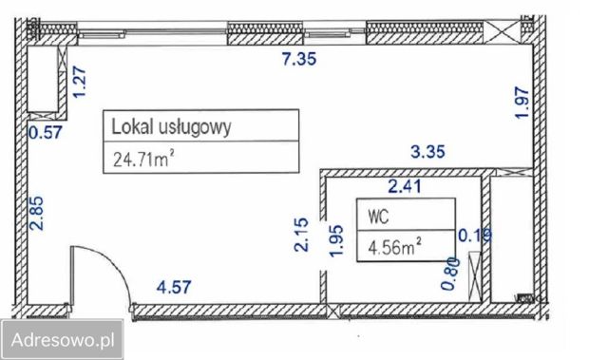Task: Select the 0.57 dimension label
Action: (x=45, y=133)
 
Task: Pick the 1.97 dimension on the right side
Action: (x=521, y=102)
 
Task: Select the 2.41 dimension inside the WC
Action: (x=405, y=186)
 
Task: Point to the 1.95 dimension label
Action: (x=334, y=241)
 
